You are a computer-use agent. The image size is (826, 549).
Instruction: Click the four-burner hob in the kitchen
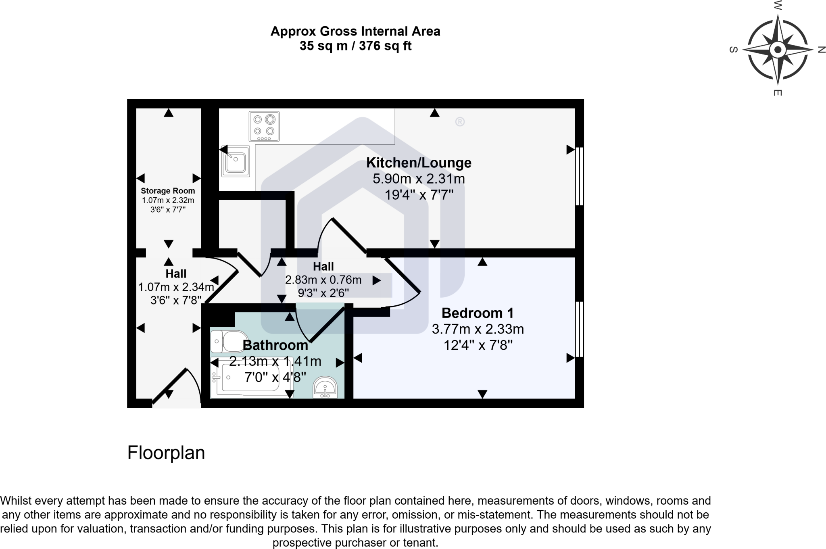coord(264,127)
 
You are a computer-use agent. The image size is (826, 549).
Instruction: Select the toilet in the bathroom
coord(229,342)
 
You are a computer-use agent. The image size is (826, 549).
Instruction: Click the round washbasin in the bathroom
coord(325,388)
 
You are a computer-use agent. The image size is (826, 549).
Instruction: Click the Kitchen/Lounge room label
coord(419,163)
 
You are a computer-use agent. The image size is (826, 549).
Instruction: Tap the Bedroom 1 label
coord(478,313)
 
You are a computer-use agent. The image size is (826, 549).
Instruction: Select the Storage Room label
coord(168,191)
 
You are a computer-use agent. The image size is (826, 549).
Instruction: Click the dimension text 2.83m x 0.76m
coord(323,280)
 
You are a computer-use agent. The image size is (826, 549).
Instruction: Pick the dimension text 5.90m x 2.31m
coord(419,179)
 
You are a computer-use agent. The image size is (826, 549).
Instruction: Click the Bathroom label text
coord(275,345)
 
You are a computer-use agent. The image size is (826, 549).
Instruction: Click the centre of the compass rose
coord(778,50)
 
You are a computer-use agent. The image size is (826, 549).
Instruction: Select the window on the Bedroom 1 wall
coord(579,329)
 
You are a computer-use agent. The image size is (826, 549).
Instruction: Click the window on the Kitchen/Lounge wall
coord(579,177)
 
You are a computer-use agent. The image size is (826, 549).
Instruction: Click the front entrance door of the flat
coord(169,385)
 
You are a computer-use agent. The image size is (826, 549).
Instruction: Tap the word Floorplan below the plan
coord(166,453)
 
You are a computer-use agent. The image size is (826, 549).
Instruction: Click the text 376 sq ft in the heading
coord(385,46)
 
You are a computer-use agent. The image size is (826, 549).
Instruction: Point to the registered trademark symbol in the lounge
coord(460,121)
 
